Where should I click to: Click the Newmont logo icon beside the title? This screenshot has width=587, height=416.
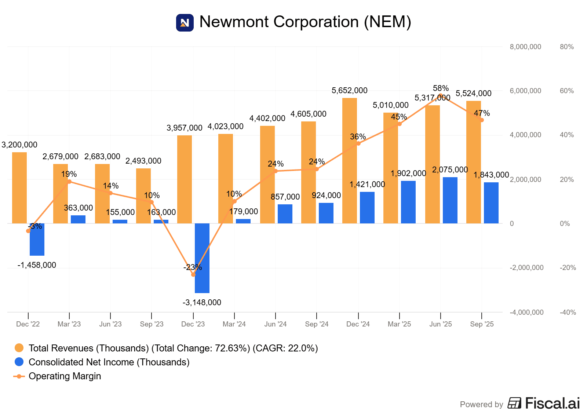(x=185, y=23)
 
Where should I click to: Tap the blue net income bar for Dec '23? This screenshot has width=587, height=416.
(x=202, y=258)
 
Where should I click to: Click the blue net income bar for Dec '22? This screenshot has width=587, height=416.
(x=37, y=239)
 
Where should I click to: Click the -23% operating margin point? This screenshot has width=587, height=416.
(x=193, y=274)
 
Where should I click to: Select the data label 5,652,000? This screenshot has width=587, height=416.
(x=349, y=91)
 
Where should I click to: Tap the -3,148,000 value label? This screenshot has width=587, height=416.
(x=202, y=303)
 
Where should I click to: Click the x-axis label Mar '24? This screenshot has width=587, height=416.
(x=234, y=324)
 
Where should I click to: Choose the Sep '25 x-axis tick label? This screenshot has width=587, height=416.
(x=482, y=324)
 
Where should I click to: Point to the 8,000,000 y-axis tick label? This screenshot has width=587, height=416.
(x=525, y=47)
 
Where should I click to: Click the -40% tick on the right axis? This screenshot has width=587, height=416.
(x=568, y=313)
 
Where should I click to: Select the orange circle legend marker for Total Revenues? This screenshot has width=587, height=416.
(x=19, y=348)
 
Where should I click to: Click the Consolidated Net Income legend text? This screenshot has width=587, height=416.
(x=109, y=362)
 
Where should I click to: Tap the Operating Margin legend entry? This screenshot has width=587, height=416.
(x=65, y=376)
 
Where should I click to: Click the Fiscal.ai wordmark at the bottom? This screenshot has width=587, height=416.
(x=552, y=403)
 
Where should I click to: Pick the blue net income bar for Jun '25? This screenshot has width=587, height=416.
(x=450, y=200)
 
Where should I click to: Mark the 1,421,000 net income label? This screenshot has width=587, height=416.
(x=367, y=185)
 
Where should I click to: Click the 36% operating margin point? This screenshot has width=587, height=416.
(x=358, y=143)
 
